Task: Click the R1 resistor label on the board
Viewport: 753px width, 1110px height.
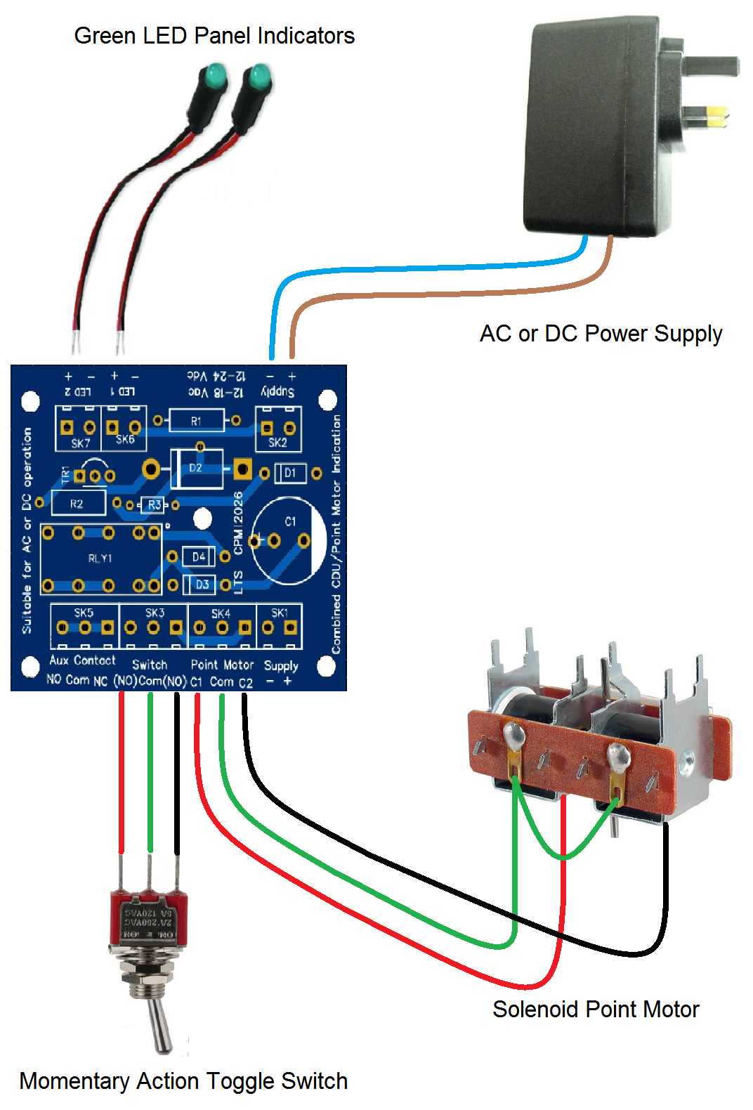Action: coord(196,421)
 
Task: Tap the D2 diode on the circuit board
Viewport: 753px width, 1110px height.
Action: coord(196,468)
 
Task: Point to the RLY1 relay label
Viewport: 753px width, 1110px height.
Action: coord(100,559)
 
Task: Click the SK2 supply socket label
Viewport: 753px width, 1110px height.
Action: coord(277,443)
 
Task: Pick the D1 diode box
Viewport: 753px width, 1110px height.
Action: coord(289,473)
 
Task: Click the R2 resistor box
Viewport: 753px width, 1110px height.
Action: coord(77,504)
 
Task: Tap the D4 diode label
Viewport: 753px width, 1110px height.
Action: coord(199,557)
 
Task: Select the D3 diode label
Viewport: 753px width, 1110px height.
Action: coord(202,584)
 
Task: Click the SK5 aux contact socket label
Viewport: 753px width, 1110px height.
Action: coord(84,613)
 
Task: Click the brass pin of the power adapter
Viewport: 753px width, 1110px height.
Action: coord(716,117)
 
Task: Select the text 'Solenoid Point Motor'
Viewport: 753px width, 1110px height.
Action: coord(596,1010)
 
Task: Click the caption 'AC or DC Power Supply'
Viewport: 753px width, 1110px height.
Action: coord(601,333)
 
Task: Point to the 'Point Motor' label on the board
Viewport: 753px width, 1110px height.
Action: coord(222,665)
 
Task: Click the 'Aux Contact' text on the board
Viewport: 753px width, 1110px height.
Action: coord(82,660)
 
